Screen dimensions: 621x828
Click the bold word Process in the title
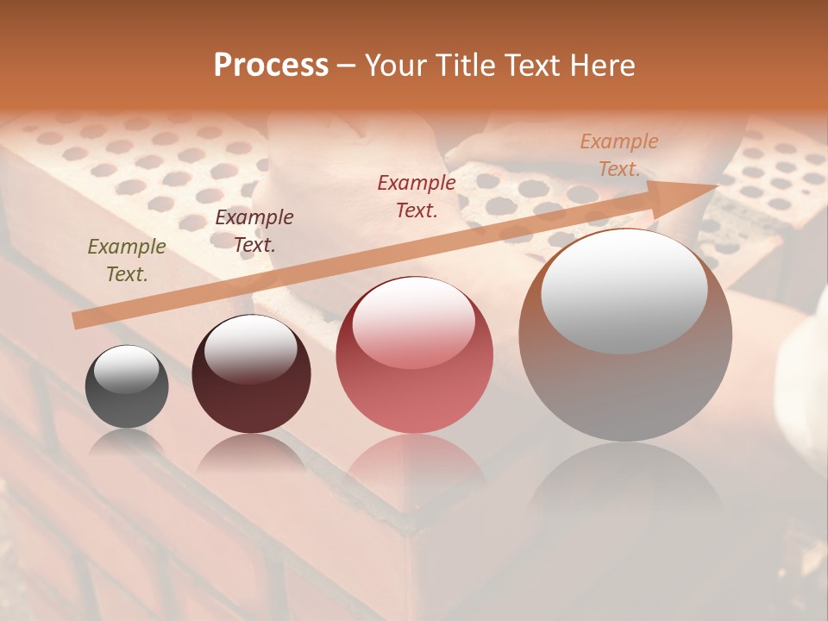pyautogui.click(x=271, y=66)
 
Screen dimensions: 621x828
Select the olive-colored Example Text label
pyautogui.click(x=127, y=260)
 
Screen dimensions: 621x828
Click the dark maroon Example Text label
pyautogui.click(x=254, y=231)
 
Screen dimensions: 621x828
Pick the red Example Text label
pyautogui.click(x=417, y=196)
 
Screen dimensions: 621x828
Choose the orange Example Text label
pyautogui.click(x=618, y=155)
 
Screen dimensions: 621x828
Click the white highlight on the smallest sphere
pyautogui.click(x=126, y=369)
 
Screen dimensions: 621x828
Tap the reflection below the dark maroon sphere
pyautogui.click(x=251, y=453)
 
